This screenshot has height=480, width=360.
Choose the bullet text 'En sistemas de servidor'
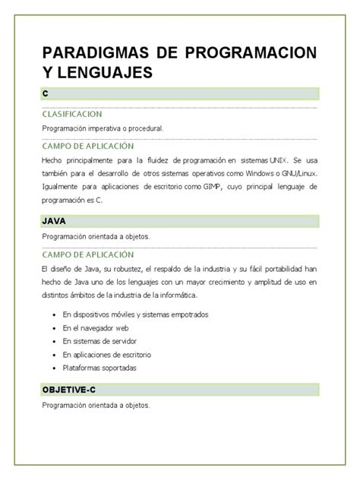point(103,341)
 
